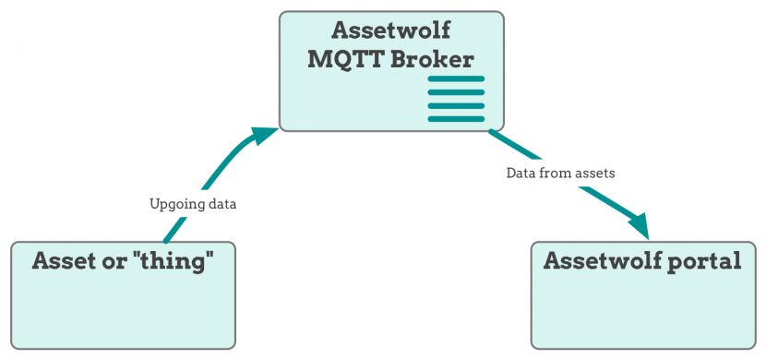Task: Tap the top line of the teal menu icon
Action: (x=456, y=79)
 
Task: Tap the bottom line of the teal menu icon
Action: (x=456, y=118)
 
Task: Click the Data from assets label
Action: (x=560, y=173)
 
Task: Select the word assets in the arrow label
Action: (x=595, y=173)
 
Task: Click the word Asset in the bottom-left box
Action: (x=66, y=261)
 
